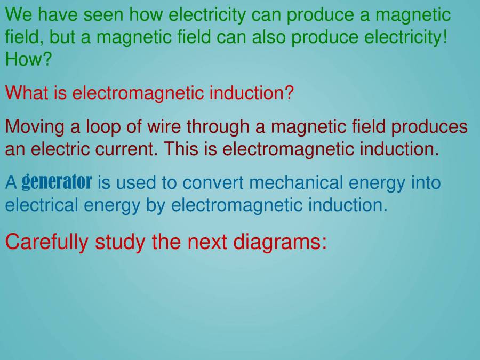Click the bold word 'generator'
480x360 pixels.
(57, 182)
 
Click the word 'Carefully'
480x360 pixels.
(47, 242)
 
